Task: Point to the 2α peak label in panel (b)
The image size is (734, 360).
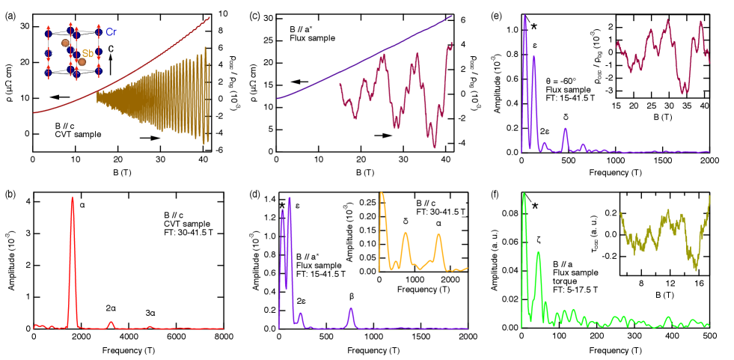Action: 111,308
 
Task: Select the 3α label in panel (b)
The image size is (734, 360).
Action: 150,312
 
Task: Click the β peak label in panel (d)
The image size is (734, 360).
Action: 352,296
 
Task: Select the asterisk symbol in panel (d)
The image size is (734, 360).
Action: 282,206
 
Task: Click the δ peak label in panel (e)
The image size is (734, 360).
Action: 566,118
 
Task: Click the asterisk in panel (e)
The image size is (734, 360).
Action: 533,28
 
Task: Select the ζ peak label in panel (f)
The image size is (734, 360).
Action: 538,240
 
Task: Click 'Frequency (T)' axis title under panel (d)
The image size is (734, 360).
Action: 372,350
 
